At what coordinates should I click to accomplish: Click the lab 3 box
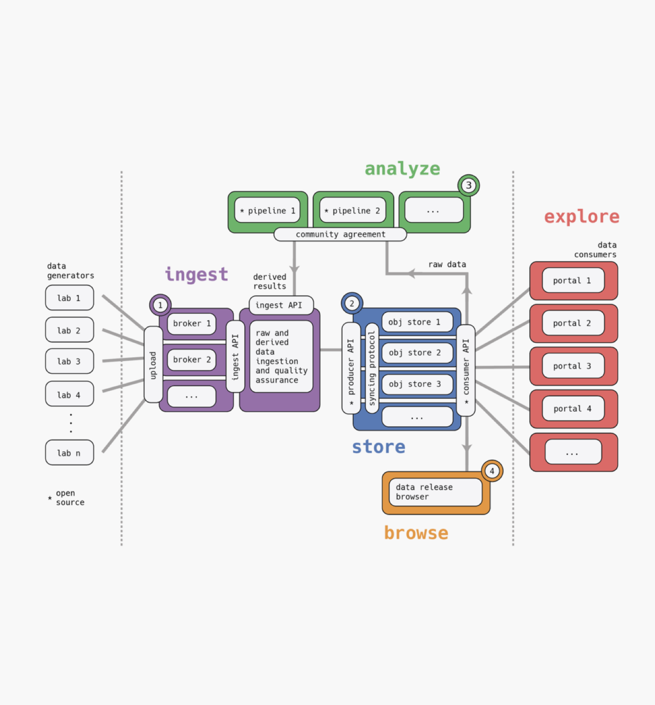pos(69,361)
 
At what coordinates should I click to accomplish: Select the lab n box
pos(69,453)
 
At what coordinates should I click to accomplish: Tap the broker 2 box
pos(191,360)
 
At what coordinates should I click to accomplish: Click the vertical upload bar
pos(153,365)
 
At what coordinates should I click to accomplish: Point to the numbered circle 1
pos(160,305)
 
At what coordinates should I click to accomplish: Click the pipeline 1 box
pos(267,210)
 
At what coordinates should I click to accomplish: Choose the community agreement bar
pos(340,234)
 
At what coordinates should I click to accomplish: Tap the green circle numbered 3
pos(468,185)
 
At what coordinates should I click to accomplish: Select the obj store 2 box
pos(415,353)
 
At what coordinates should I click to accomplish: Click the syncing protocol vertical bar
pos(372,368)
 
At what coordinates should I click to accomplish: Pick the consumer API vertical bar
pos(465,370)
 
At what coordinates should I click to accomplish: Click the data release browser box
pos(435,492)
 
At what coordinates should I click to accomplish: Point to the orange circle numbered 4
pos(492,471)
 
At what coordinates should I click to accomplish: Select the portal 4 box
pos(573,409)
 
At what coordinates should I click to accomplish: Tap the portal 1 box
pos(573,281)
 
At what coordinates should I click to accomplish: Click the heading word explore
pos(581,216)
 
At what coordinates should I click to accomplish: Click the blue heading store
pos(379,447)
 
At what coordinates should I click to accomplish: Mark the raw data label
pos(447,265)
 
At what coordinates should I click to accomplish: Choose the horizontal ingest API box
pos(281,305)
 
